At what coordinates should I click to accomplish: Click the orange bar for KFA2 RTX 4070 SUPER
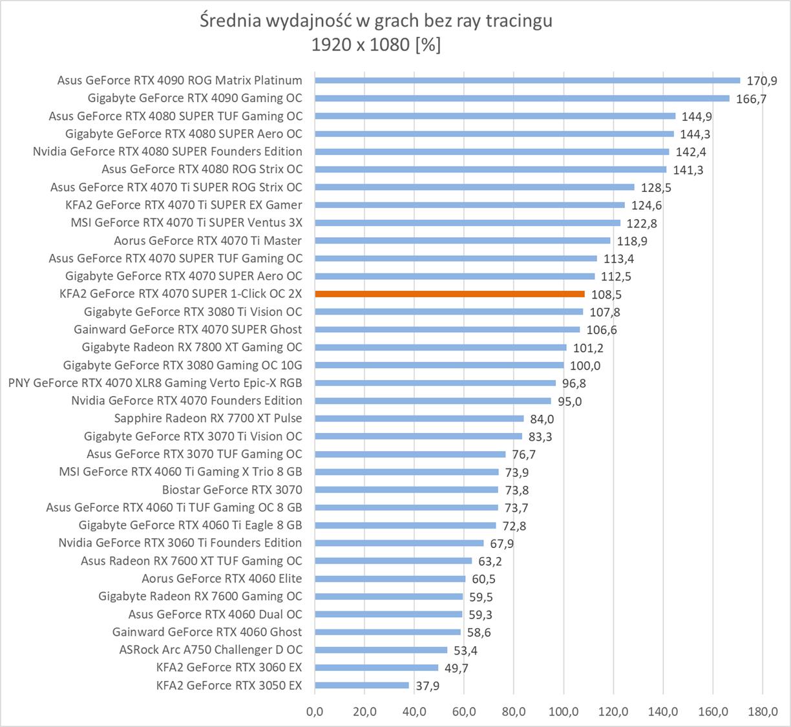(450, 294)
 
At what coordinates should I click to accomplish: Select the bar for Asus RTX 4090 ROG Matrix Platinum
(527, 81)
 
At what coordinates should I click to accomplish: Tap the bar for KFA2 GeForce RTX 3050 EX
(362, 685)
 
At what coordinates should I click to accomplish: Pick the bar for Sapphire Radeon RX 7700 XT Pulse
(419, 419)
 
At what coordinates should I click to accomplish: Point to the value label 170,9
(762, 81)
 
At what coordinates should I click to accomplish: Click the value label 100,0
(585, 366)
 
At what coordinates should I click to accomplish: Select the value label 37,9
(427, 686)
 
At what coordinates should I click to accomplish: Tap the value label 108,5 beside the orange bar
(606, 295)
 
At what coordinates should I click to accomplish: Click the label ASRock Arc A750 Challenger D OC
(211, 649)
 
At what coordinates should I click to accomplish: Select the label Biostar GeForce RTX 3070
(232, 490)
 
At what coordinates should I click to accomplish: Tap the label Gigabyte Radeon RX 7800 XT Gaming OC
(192, 347)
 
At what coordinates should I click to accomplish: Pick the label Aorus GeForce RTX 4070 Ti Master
(207, 240)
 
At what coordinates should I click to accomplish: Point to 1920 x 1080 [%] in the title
(375, 45)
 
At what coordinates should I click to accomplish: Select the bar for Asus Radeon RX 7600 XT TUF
(394, 561)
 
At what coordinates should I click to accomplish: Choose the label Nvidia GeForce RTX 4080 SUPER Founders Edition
(167, 151)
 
